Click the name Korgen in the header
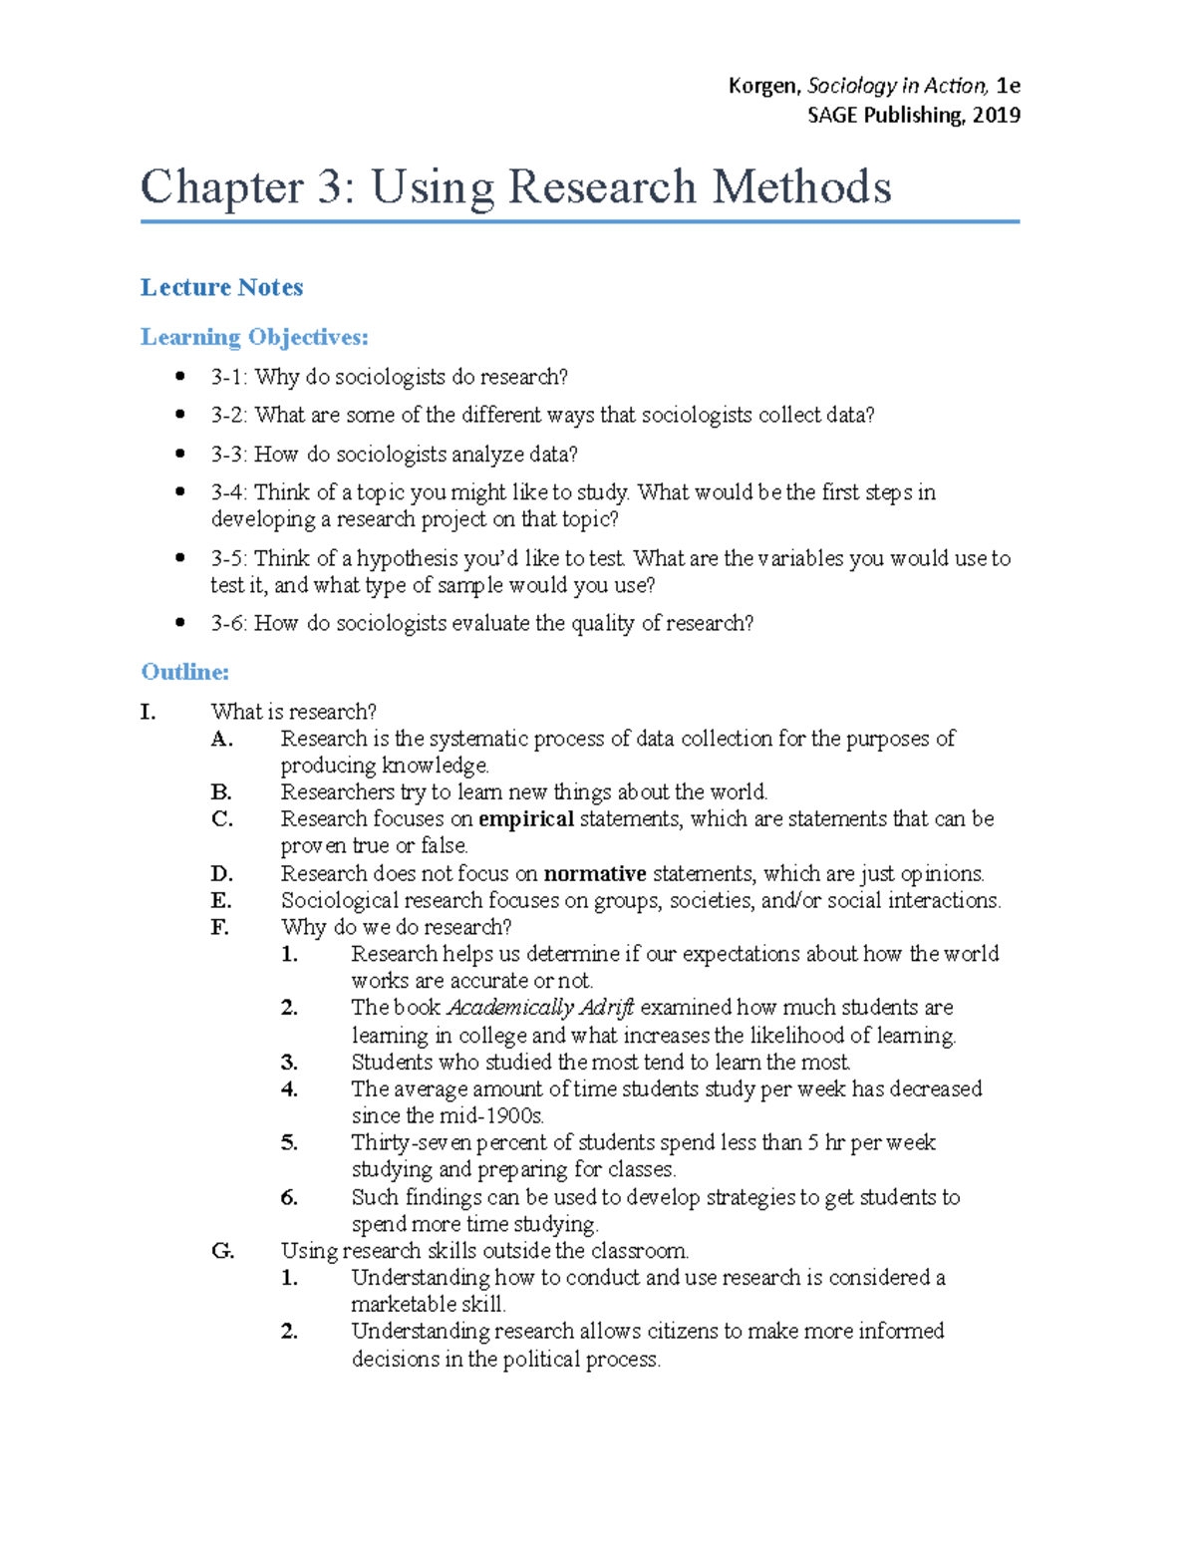point(762,86)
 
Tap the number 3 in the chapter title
point(329,187)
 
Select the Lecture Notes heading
point(221,287)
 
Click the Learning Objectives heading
point(254,337)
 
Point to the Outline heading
point(184,672)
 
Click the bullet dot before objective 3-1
point(180,377)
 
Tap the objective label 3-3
point(228,455)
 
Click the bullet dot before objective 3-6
point(180,623)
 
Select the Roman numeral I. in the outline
point(149,712)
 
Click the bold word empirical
point(525,819)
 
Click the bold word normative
point(595,874)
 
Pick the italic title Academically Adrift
point(540,1008)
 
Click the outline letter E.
point(221,901)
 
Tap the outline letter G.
point(222,1251)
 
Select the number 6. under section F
point(289,1197)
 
